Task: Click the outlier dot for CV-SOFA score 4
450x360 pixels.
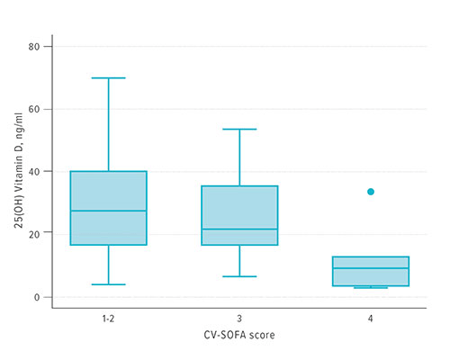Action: pyautogui.click(x=370, y=192)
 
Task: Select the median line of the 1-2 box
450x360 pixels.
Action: pyautogui.click(x=108, y=211)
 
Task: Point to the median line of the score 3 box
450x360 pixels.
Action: pyautogui.click(x=239, y=229)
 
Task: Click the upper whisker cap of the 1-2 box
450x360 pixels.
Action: pyautogui.click(x=108, y=78)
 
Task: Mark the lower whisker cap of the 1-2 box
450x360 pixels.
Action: pyautogui.click(x=108, y=284)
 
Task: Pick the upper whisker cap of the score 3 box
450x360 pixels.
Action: pyautogui.click(x=239, y=129)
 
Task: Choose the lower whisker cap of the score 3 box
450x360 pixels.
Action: pyautogui.click(x=239, y=276)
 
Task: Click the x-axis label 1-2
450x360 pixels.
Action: pyautogui.click(x=108, y=319)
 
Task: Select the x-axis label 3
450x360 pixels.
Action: pyautogui.click(x=239, y=319)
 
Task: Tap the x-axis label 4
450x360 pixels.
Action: pyautogui.click(x=370, y=319)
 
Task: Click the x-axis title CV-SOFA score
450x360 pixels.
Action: pyautogui.click(x=239, y=335)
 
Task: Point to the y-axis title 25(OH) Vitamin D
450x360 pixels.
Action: pyautogui.click(x=19, y=171)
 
